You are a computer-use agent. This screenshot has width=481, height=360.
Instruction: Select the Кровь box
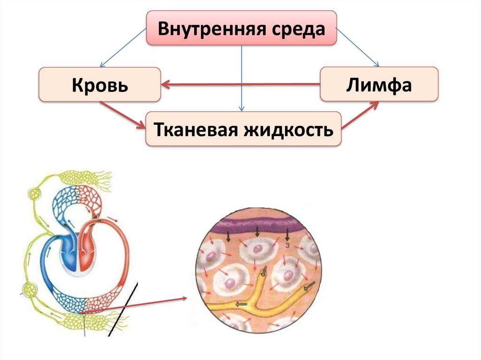(100, 85)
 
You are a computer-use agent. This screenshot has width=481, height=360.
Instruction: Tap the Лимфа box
(379, 85)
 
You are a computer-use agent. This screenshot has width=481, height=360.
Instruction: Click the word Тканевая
(194, 129)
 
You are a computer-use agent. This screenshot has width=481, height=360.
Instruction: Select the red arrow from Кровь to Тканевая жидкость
(124, 115)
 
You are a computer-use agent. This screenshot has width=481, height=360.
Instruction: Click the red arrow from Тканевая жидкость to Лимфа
(360, 115)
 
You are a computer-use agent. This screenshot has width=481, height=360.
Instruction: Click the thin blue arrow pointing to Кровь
(124, 47)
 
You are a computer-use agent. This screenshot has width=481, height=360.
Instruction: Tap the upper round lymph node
(35, 193)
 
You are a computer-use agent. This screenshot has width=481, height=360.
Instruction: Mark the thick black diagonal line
(123, 310)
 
